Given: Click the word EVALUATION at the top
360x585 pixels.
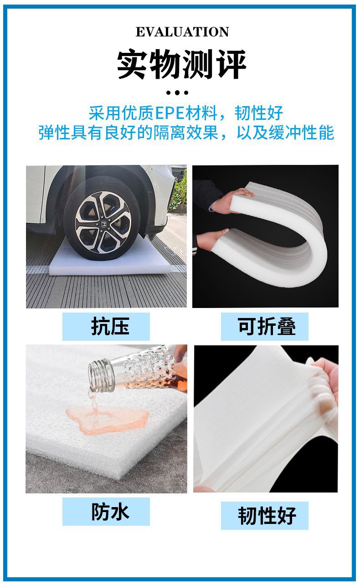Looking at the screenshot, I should click(182, 32).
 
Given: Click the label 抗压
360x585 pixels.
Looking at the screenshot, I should click(109, 326).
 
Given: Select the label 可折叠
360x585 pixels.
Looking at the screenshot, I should click(267, 327).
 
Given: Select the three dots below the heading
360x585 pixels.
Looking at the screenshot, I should click(177, 92).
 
